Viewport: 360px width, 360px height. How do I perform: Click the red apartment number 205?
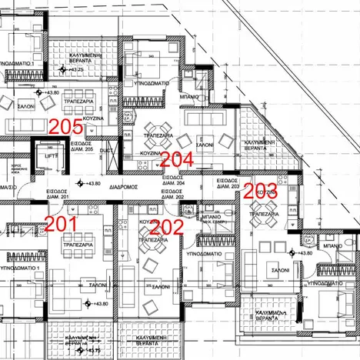pyautogui.click(x=65, y=127)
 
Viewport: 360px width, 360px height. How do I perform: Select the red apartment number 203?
pyautogui.click(x=260, y=189)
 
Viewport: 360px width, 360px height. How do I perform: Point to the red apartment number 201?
pyautogui.click(x=61, y=224)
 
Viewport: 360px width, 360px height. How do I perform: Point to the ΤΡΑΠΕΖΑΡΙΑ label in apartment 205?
pyautogui.click(x=77, y=101)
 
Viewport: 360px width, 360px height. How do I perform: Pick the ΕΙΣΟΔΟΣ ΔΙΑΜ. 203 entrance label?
pyautogui.click(x=228, y=184)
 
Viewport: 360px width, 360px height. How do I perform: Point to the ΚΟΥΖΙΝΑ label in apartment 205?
pyautogui.click(x=93, y=120)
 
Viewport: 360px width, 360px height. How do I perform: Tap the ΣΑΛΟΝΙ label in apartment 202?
pyautogui.click(x=161, y=285)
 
